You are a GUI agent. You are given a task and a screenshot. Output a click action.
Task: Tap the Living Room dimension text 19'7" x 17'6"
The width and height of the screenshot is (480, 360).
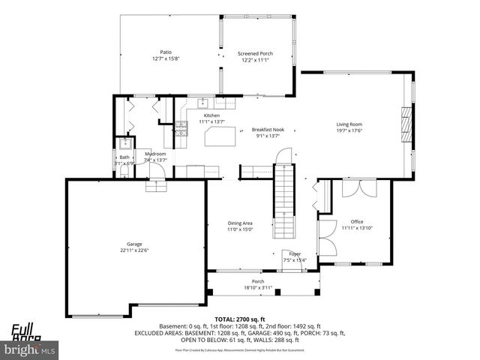(x=349, y=130)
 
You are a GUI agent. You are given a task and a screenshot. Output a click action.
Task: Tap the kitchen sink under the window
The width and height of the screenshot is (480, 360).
(x=202, y=103)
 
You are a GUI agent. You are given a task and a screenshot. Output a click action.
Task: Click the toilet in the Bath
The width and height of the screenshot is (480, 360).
(x=124, y=169)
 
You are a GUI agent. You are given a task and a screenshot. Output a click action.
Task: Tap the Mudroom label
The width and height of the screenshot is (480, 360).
(x=155, y=154)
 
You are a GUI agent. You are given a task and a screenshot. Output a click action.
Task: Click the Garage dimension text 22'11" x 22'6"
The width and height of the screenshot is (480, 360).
(x=134, y=250)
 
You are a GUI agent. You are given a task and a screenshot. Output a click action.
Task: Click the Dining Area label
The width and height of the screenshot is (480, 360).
(x=240, y=223)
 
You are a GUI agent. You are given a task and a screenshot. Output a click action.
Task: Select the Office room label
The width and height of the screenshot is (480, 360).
(x=357, y=222)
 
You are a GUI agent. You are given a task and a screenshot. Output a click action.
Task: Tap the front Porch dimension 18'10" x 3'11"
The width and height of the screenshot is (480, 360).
(x=259, y=287)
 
